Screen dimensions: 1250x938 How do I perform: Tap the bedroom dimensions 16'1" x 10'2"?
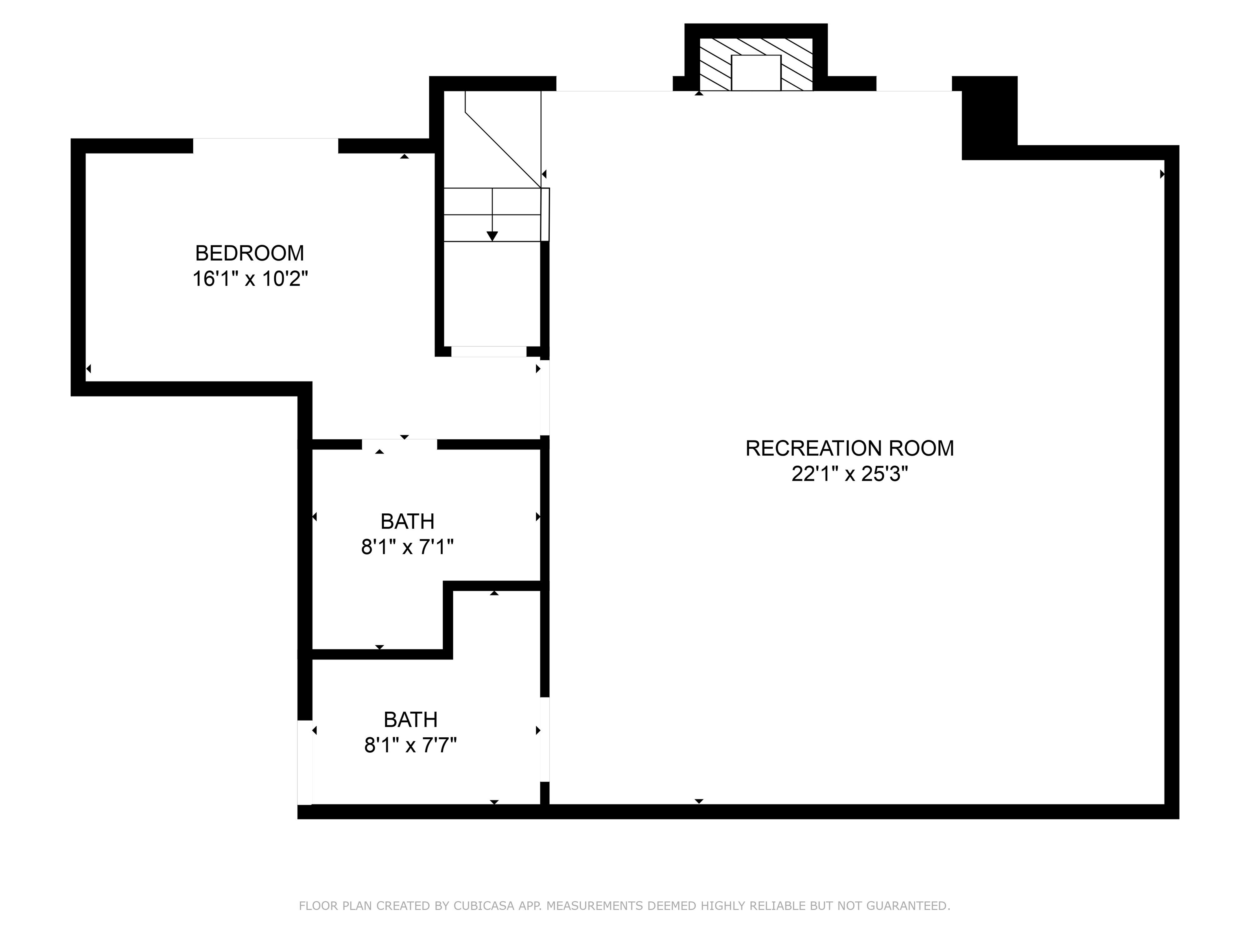click(x=250, y=279)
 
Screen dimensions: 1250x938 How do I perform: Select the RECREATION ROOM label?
click(x=849, y=448)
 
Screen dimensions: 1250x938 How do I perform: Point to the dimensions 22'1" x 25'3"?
click(x=849, y=474)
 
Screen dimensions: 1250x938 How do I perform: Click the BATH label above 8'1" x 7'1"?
click(x=407, y=521)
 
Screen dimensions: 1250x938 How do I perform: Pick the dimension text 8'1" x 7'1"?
click(x=407, y=547)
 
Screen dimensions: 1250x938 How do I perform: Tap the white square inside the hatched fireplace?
click(x=756, y=73)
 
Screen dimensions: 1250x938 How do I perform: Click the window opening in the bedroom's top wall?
click(x=266, y=146)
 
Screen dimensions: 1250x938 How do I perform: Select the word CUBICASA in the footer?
click(x=484, y=906)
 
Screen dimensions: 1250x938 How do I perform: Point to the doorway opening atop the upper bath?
click(x=400, y=444)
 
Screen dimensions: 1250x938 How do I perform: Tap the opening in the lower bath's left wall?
click(x=305, y=762)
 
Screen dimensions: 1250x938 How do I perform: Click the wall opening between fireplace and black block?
click(x=914, y=84)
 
